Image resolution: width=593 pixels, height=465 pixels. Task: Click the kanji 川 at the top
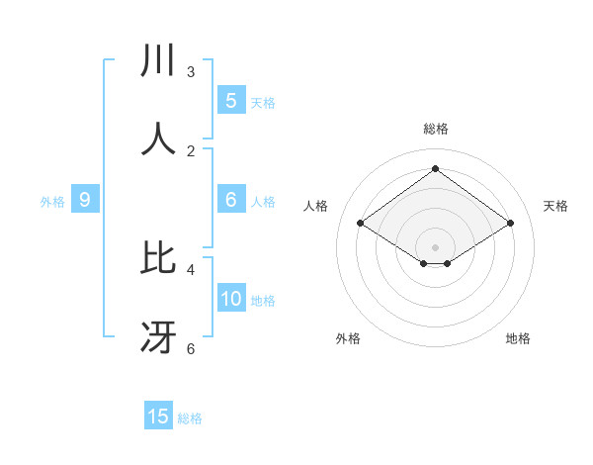[x=159, y=61]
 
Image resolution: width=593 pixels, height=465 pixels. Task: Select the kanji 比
[x=159, y=258]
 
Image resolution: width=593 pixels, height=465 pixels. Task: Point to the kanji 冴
[x=159, y=337]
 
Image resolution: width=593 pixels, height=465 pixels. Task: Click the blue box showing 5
[x=231, y=101]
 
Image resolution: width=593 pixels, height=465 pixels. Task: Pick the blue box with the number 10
[x=231, y=299]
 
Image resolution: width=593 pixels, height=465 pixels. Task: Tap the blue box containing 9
[x=85, y=200]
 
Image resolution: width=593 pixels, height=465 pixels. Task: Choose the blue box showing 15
[x=158, y=417]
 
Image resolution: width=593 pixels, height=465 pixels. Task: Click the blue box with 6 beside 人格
[x=231, y=200]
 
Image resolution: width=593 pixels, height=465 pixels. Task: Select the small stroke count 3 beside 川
[x=191, y=72]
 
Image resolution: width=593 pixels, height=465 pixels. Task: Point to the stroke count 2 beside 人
[x=191, y=150]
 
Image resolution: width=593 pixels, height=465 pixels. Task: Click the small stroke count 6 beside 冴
[x=191, y=348]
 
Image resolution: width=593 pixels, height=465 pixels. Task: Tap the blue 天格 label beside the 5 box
[x=263, y=102]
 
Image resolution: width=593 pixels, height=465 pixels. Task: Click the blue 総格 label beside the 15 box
[x=190, y=418]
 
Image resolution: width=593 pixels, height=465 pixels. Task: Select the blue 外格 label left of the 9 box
[x=52, y=202]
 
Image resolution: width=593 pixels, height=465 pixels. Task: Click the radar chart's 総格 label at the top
[x=436, y=129]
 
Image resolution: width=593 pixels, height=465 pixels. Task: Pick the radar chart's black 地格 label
[x=518, y=338]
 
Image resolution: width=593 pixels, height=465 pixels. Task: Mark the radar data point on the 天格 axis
[x=510, y=224]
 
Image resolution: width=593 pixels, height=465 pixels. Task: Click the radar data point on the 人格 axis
[x=360, y=224]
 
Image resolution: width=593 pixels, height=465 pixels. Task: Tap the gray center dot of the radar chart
[x=435, y=246]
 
